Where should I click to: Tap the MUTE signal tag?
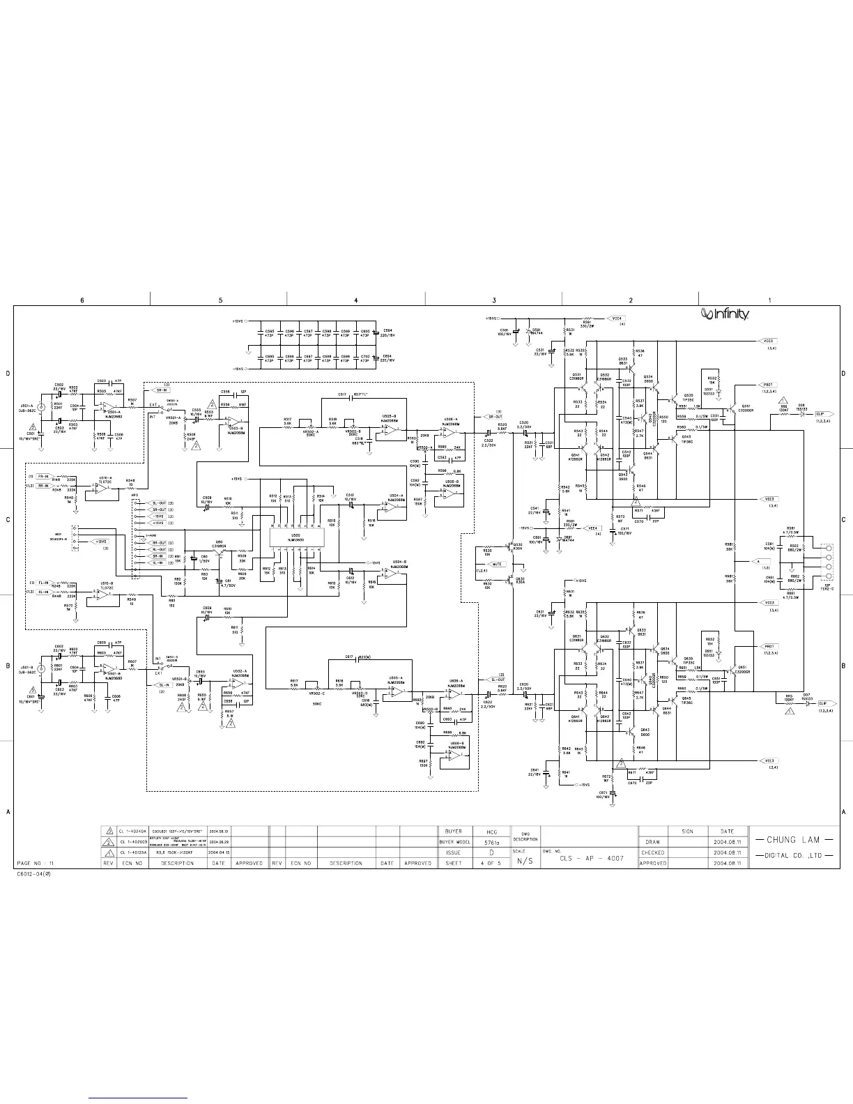click(x=497, y=564)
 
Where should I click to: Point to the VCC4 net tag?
click(x=617, y=318)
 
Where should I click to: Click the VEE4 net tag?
click(x=592, y=528)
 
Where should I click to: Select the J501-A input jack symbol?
click(x=41, y=408)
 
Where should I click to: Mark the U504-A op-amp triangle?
click(x=393, y=507)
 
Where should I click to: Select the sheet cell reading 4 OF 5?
click(x=492, y=863)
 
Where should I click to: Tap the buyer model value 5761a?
click(x=492, y=842)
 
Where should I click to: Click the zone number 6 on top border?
click(x=82, y=300)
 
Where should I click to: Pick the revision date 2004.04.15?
click(x=219, y=852)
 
